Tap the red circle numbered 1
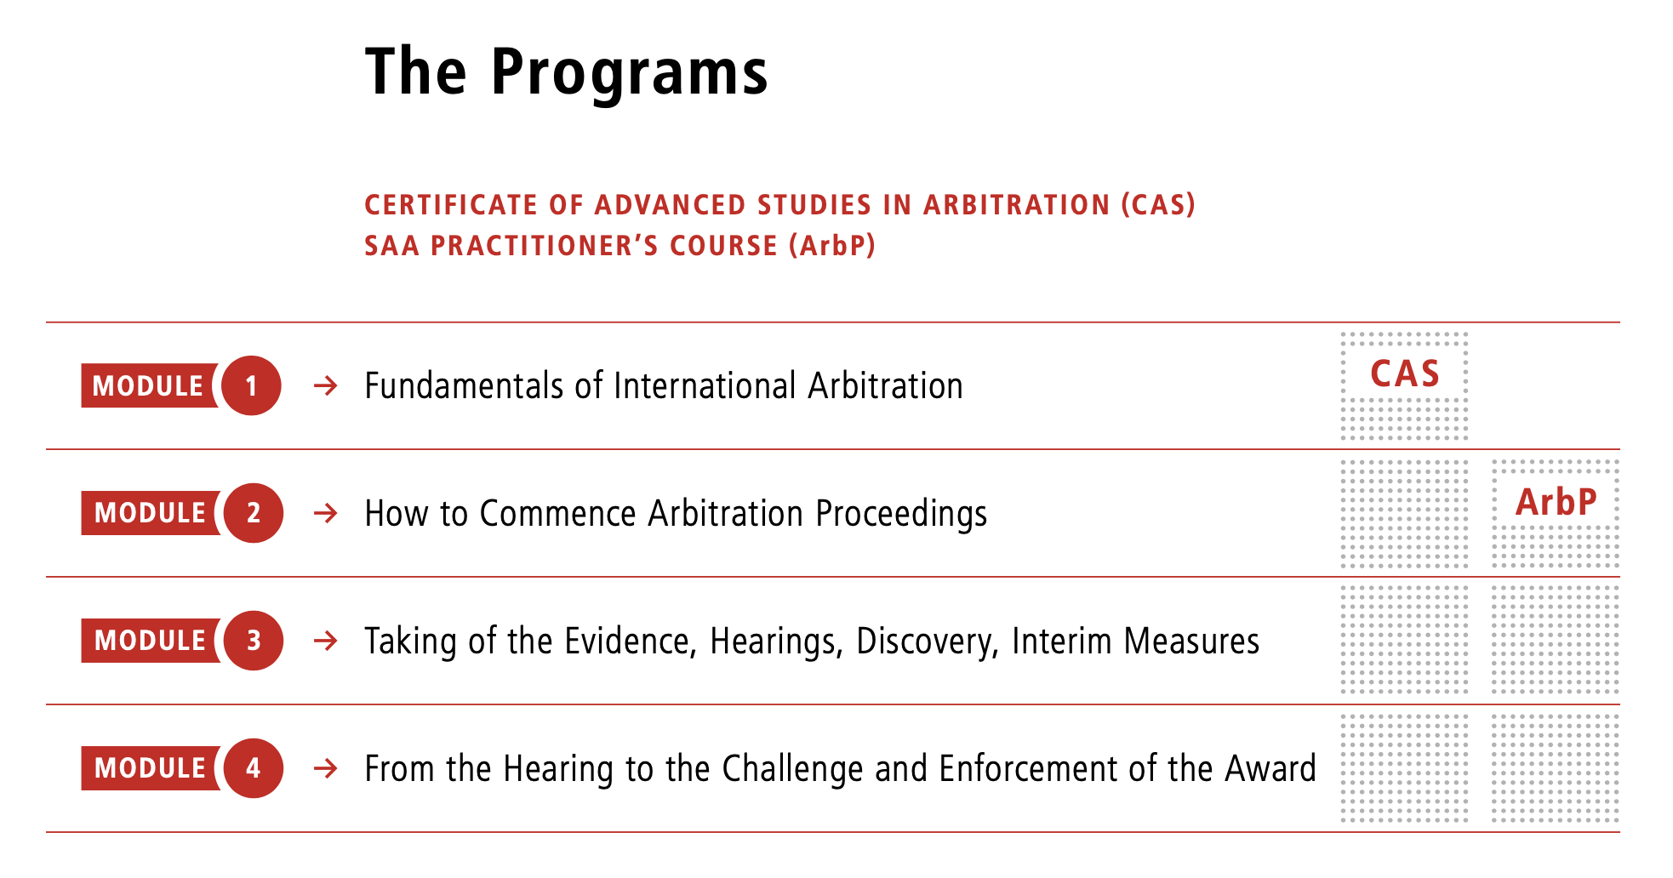251,385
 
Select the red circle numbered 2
253,513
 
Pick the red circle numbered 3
253,641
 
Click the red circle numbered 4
253,768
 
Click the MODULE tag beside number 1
148,385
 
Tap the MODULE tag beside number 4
150,768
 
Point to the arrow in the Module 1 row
325,386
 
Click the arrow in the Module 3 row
325,641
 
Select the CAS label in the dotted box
1404,374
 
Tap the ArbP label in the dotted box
1556,502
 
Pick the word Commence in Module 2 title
557,514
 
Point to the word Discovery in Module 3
927,641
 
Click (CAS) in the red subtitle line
1158,205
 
